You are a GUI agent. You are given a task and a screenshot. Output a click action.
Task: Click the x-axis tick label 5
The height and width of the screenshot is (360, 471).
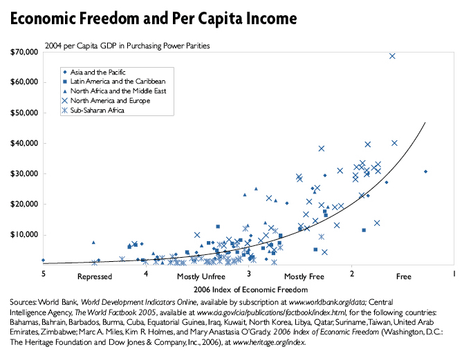point(44,274)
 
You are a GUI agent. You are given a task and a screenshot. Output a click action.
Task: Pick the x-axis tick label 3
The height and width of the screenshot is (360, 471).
point(248,274)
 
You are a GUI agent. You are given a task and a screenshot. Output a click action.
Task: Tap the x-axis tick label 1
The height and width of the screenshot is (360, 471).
point(454,274)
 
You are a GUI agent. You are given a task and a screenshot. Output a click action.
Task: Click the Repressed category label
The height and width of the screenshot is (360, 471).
point(95,277)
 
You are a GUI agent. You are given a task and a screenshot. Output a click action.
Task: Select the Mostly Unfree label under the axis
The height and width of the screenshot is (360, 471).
point(197,277)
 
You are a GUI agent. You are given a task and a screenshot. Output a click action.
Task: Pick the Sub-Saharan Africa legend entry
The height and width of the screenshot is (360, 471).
point(100,110)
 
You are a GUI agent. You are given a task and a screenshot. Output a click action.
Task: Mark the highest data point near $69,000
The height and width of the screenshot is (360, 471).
point(392,56)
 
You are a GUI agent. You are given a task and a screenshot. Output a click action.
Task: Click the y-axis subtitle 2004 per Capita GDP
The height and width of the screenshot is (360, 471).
point(127,46)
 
